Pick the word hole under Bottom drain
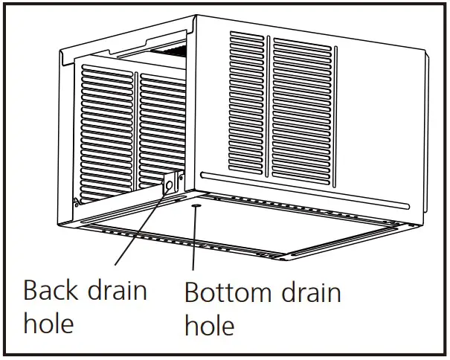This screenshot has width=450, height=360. (x=210, y=325)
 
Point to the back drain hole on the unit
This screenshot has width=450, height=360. (x=169, y=184)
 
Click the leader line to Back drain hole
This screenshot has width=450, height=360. (x=138, y=227)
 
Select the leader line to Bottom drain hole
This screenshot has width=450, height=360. (x=195, y=238)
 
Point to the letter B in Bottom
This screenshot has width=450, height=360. (x=192, y=292)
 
